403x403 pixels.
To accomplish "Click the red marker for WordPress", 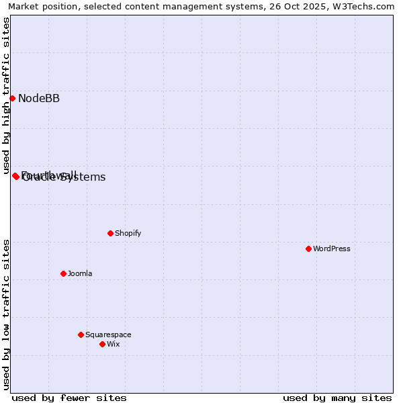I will tap(308, 249).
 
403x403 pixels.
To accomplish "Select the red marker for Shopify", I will tap(110, 233).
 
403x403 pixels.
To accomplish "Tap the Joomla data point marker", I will tap(63, 273).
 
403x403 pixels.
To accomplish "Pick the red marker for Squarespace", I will tap(81, 334).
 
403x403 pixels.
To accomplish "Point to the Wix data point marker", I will tap(102, 344).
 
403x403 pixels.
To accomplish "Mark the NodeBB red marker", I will tap(12, 98).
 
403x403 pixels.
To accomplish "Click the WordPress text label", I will tap(332, 249).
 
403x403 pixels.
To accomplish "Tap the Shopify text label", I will tap(128, 234).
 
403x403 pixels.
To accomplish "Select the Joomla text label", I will tap(80, 274).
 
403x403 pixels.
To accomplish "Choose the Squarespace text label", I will tap(108, 335).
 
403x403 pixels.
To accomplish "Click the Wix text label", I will tap(114, 345).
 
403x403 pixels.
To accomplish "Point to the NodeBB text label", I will tap(39, 99).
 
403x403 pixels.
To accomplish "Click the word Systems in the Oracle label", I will tap(83, 178).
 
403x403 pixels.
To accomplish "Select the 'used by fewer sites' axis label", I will tap(69, 398).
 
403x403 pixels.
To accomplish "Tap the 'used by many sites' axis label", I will tap(337, 398).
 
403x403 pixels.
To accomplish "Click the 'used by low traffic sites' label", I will tap(7, 314).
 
